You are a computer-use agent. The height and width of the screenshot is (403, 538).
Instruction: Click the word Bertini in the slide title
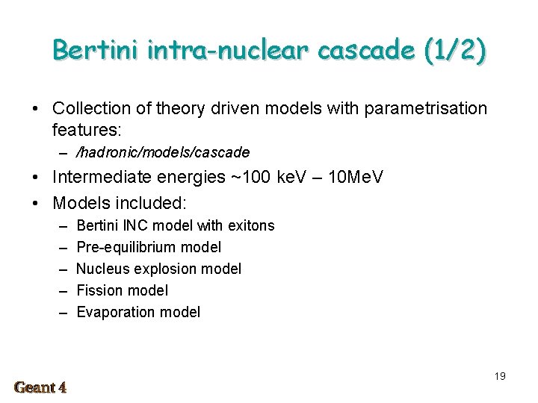[x=97, y=50]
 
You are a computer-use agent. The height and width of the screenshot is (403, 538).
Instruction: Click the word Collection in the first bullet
[x=93, y=109]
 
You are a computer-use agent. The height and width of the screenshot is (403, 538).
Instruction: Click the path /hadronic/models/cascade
[x=163, y=153]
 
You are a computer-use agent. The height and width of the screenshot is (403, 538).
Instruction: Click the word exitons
[x=250, y=225]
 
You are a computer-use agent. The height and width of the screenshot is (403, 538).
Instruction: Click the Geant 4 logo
[x=40, y=387]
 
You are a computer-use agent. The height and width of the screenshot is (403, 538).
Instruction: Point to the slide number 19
[x=500, y=376]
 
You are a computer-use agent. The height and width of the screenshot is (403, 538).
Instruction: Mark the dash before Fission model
[x=61, y=290]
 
